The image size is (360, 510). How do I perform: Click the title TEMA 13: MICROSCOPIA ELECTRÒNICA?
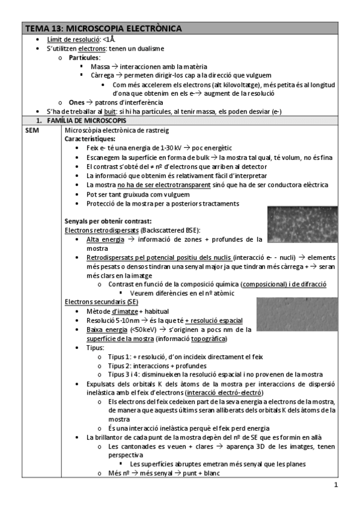pos(103,28)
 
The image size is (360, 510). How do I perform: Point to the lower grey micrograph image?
pos(304,313)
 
